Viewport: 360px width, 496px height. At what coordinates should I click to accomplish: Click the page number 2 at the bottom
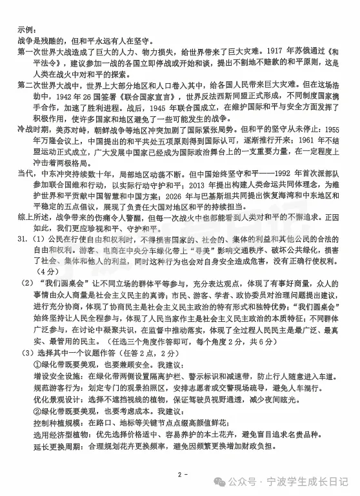(179, 476)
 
